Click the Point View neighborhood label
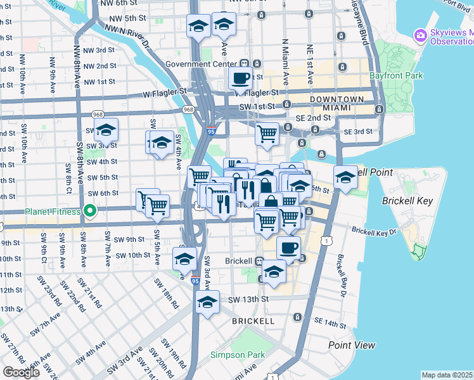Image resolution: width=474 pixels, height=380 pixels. click(x=352, y=345)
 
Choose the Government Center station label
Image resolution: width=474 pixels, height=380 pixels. click(x=202, y=64)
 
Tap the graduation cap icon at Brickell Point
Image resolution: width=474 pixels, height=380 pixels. click(x=345, y=177)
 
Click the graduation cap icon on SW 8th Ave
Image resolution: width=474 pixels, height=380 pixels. click(x=106, y=129)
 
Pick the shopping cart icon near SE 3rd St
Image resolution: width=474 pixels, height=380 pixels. click(x=267, y=134)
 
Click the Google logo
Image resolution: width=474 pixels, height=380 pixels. click(x=21, y=372)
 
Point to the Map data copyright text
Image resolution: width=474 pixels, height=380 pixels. click(x=447, y=375)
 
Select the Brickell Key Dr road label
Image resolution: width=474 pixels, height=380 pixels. click(x=375, y=232)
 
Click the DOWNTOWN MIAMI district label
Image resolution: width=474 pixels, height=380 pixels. click(x=336, y=104)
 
